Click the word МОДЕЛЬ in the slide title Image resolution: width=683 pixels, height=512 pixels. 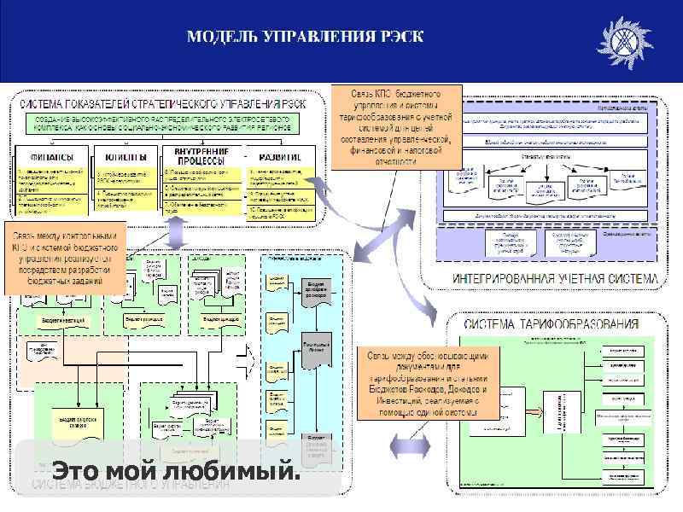(224, 38)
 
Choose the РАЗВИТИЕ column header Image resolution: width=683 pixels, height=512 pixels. (277, 157)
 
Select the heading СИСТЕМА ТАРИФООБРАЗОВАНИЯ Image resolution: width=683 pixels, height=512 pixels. (551, 324)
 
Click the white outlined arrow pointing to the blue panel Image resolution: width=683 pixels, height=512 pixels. (245, 352)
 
